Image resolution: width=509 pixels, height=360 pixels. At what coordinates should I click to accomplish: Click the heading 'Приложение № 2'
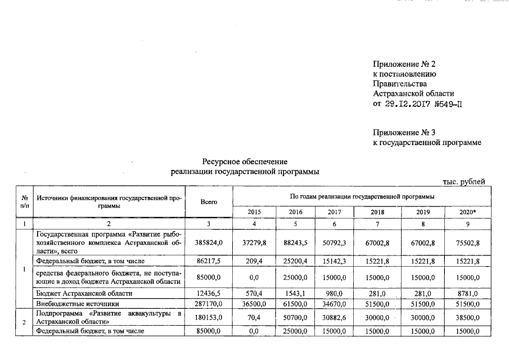[404, 64]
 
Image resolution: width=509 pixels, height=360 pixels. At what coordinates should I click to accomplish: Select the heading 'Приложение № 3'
[404, 133]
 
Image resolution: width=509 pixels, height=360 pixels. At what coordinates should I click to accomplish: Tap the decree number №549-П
[447, 103]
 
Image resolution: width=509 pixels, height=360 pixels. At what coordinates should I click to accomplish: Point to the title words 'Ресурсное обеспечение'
[245, 162]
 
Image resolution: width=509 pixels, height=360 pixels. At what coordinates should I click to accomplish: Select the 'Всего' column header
[208, 201]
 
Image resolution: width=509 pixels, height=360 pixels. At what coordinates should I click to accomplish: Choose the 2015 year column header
[254, 212]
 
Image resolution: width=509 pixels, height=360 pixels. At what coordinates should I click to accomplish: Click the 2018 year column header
[377, 212]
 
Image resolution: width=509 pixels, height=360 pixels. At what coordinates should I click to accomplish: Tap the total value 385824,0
[208, 242]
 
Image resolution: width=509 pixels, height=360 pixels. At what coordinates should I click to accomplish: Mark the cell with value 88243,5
[295, 242]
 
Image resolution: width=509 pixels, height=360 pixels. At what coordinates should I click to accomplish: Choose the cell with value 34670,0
[334, 304]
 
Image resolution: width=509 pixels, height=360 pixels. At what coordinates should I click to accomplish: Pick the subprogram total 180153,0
[208, 317]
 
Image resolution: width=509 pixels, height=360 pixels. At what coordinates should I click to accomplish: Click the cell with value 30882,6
[334, 317]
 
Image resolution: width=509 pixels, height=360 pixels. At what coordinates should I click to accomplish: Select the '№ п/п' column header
[25, 201]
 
